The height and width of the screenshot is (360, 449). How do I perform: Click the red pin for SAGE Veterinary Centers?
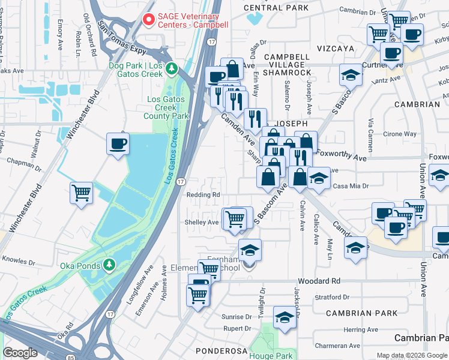[x=149, y=20]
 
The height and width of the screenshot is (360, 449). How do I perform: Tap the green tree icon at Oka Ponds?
[x=109, y=264]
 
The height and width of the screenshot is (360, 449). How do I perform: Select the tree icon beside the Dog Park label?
[x=172, y=70]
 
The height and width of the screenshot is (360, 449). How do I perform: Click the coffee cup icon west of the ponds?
[x=118, y=144]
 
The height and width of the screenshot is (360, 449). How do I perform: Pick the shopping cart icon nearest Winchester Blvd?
[x=81, y=193]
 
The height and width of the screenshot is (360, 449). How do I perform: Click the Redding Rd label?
[x=203, y=195]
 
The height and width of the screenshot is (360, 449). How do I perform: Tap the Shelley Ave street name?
[x=202, y=222]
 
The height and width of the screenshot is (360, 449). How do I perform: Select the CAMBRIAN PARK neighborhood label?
[x=361, y=313]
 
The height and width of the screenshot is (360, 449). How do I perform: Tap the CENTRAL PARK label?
[x=276, y=8]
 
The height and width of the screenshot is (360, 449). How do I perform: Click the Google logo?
[x=20, y=353]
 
